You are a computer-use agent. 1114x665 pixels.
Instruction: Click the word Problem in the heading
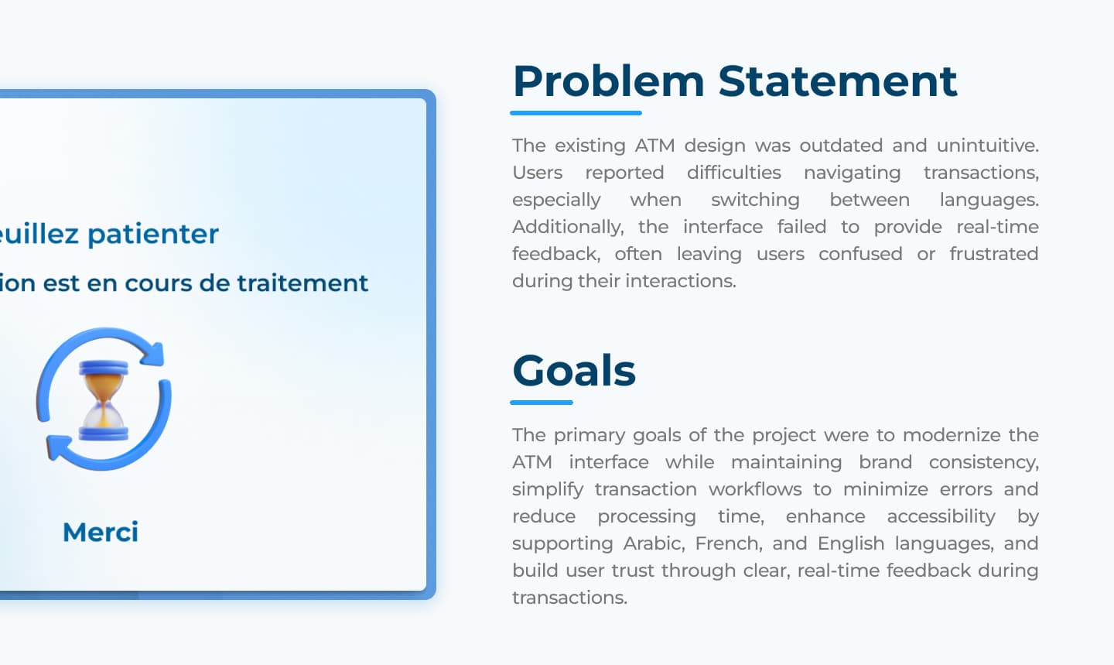(x=608, y=81)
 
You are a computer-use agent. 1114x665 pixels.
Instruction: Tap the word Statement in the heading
(x=837, y=81)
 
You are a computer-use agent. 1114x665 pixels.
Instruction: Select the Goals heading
(x=574, y=370)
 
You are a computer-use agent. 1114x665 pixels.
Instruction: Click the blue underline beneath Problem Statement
(x=576, y=113)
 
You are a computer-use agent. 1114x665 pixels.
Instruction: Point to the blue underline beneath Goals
(x=542, y=403)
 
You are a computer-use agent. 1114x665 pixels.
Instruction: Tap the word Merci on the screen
(x=101, y=532)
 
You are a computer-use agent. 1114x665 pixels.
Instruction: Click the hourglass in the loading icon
(x=104, y=399)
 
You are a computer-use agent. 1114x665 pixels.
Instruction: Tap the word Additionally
(x=568, y=227)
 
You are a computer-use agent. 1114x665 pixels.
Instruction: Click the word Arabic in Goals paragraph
(x=654, y=543)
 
